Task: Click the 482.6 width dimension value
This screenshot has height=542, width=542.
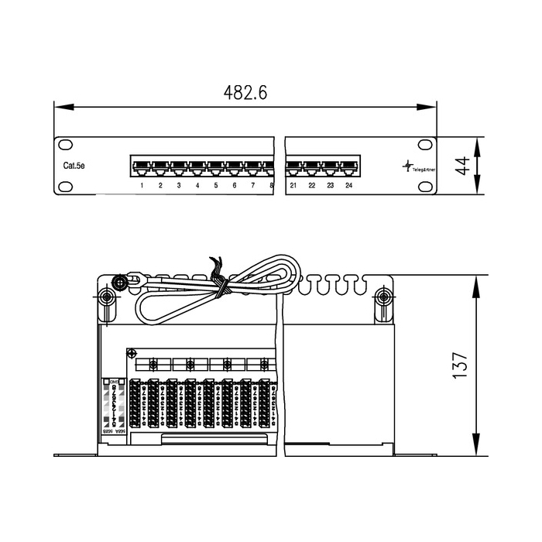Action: click(x=245, y=93)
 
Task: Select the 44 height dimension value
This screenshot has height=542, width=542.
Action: click(x=462, y=166)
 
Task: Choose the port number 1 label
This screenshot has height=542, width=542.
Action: click(x=142, y=186)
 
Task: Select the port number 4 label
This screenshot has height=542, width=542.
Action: click(x=197, y=186)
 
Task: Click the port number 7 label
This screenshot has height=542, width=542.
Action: click(x=252, y=186)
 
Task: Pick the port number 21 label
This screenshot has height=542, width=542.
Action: click(x=293, y=186)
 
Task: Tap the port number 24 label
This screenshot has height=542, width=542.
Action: click(x=348, y=186)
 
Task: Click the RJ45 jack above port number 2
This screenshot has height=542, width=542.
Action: click(x=160, y=166)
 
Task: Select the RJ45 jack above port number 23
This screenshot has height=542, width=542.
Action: click(x=331, y=166)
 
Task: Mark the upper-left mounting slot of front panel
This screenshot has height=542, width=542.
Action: click(x=67, y=145)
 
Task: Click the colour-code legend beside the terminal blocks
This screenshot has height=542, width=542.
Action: click(x=115, y=407)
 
